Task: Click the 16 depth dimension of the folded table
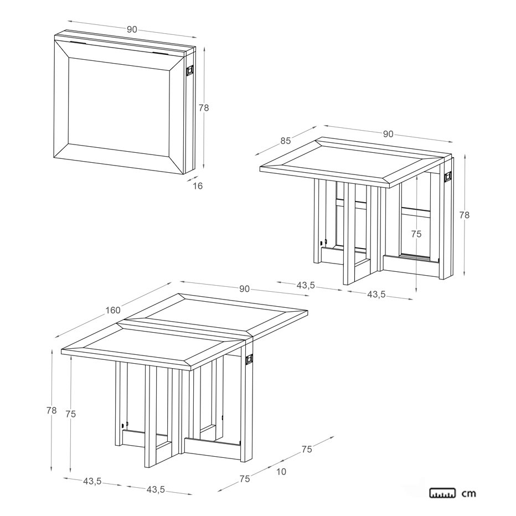(198, 186)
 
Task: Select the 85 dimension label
(286, 141)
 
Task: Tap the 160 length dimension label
(113, 310)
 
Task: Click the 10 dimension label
(281, 472)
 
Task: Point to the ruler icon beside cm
(442, 493)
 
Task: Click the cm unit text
(469, 493)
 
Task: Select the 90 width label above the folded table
(132, 29)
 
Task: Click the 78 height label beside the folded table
(204, 107)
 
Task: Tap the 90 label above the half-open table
(388, 134)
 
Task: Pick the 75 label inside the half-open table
(416, 234)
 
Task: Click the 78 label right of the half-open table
(465, 215)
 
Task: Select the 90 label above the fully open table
(244, 289)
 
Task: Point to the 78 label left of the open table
(51, 410)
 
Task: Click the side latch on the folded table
(190, 70)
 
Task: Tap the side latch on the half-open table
(447, 177)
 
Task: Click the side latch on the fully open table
(249, 358)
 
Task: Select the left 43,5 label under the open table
(92, 482)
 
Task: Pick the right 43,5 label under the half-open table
(376, 294)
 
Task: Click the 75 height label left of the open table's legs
(71, 414)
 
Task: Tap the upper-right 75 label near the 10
(306, 449)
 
